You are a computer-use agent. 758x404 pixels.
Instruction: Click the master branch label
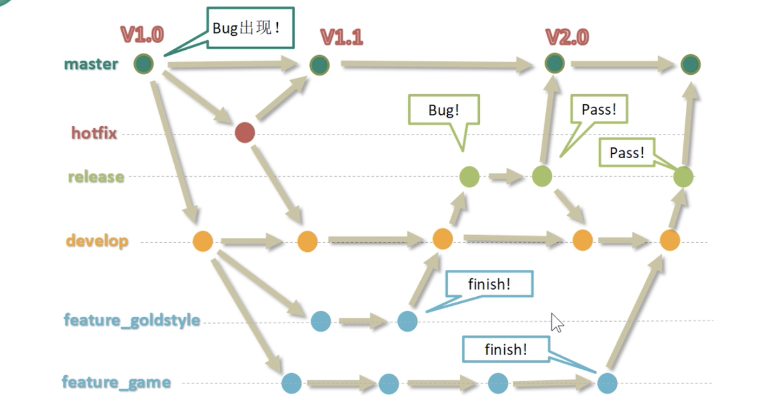(x=91, y=64)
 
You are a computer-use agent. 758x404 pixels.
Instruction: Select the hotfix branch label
(x=94, y=133)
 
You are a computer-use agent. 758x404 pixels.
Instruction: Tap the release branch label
(x=96, y=177)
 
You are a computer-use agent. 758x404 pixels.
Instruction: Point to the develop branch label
(x=97, y=240)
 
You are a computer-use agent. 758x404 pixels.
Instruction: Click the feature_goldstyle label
(x=132, y=320)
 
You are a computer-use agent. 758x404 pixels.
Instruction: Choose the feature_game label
(x=116, y=382)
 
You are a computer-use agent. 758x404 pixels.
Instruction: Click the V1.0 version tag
(x=142, y=35)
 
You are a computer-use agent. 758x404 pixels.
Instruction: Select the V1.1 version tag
(x=342, y=37)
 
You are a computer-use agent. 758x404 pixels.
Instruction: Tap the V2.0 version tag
(x=567, y=37)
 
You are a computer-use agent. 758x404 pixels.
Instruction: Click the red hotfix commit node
(x=245, y=133)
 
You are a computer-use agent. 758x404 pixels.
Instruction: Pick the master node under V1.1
(x=319, y=65)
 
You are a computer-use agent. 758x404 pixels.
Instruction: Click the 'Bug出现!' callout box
(x=250, y=28)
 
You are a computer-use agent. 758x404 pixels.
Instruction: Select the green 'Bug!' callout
(x=444, y=110)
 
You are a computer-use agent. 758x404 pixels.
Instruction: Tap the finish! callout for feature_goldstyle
(x=489, y=284)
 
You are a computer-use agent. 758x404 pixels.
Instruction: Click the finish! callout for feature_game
(x=505, y=349)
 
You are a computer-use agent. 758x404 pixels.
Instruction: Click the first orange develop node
(x=203, y=241)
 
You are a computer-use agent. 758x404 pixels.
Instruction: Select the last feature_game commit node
(x=607, y=383)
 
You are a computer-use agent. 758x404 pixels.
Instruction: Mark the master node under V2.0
(x=554, y=63)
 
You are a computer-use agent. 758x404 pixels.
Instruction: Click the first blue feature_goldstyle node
(x=321, y=321)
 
